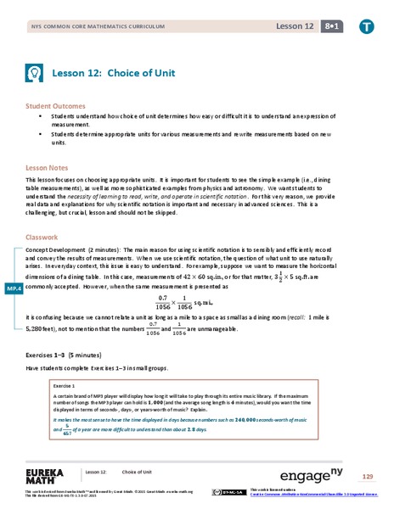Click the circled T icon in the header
[367, 26]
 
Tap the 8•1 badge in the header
[327, 26]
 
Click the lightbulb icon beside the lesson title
[36, 74]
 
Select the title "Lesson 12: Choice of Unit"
[114, 74]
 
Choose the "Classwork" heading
[42, 237]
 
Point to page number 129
[367, 475]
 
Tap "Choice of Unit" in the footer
[136, 471]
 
